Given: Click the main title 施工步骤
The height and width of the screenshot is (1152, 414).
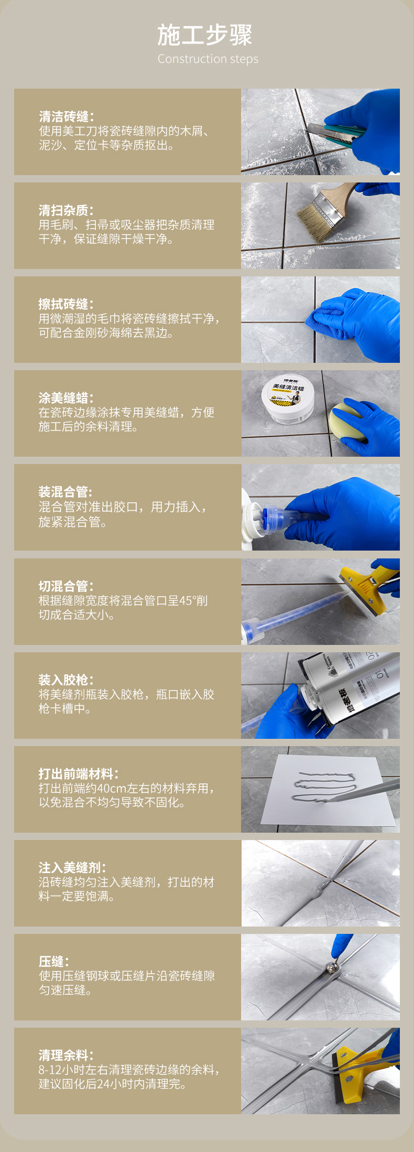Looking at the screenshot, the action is (205, 35).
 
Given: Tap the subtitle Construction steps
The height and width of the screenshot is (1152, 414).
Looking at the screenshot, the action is (208, 59).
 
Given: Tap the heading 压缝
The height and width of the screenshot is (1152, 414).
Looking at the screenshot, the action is (53, 962).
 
